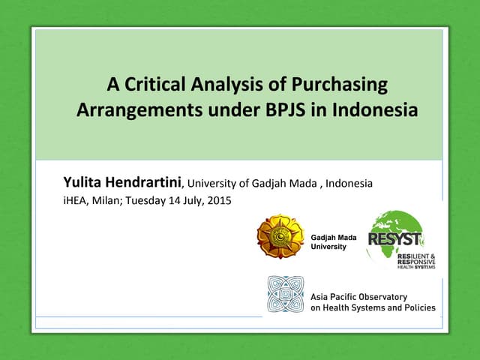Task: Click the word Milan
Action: [x=106, y=200]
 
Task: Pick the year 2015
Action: [x=218, y=200]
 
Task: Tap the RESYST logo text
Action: [x=395, y=240]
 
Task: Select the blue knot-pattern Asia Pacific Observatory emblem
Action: [x=286, y=294]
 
